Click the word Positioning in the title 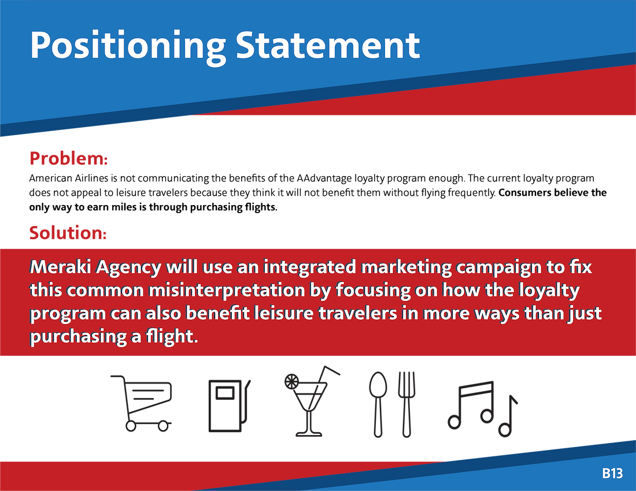pos(128,47)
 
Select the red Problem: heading pos(69,158)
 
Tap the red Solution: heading pos(68,233)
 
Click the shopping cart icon pos(141,403)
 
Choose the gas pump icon pos(229,406)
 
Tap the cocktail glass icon pos(312,401)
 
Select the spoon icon pos(378,404)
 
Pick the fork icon pos(406,404)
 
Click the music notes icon pos(483,408)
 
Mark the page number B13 pos(612,473)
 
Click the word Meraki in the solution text pos(61,267)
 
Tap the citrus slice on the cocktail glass pos(291,381)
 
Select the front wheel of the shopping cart pos(163,426)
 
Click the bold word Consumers pos(525,192)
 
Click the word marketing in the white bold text pos(406,268)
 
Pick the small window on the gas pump pos(225,393)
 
